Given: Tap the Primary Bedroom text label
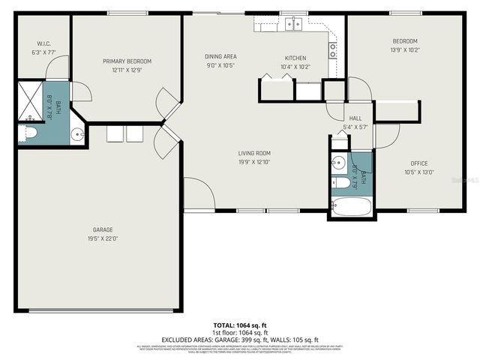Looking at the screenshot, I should point(127,61).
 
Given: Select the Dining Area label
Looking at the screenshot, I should point(220,56).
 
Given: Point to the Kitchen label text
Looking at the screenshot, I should point(295,58).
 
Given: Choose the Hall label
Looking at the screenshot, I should point(355,118).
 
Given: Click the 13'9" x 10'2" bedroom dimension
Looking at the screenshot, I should point(405,49).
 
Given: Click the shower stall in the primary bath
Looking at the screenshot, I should point(30,103).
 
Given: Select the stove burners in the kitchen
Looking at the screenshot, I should point(332,50).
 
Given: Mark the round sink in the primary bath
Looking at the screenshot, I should point(77,135).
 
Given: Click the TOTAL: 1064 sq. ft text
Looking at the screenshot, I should point(238,325).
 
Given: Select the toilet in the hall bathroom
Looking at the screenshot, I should point(340,182).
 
